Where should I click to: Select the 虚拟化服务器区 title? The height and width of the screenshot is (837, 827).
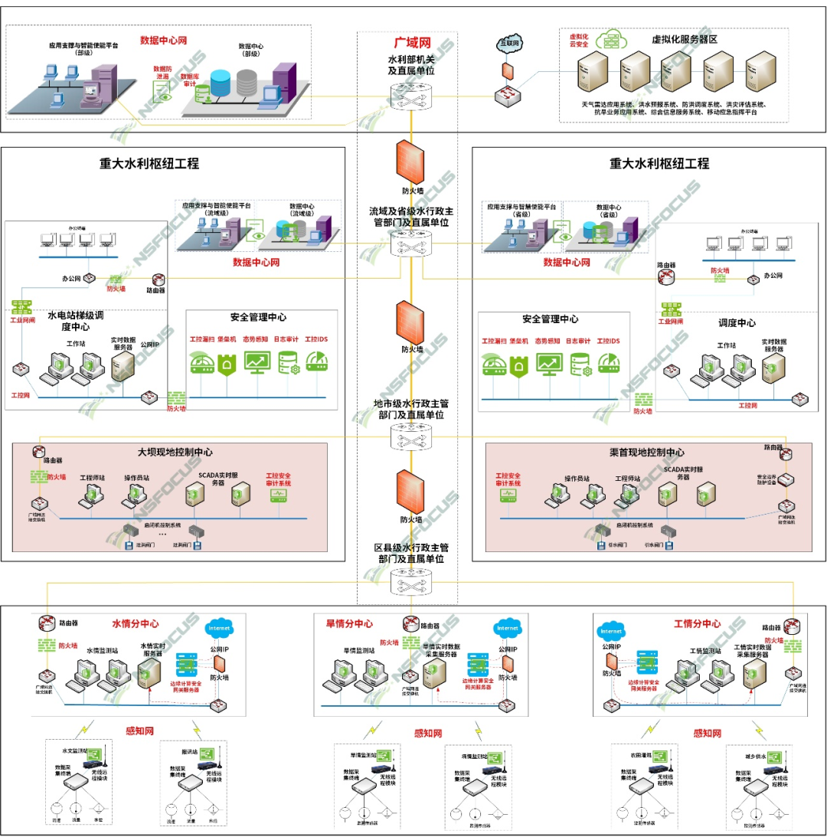click(x=683, y=39)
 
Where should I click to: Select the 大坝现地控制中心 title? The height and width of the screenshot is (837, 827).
click(x=175, y=452)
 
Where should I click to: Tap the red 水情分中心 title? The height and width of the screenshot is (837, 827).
click(x=136, y=623)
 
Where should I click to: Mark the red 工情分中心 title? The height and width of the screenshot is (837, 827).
click(x=698, y=623)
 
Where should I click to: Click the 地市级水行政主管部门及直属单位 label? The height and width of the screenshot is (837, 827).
click(x=413, y=409)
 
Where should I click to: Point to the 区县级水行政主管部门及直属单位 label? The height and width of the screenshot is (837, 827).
click(x=413, y=554)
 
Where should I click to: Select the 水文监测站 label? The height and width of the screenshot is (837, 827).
click(x=74, y=751)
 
